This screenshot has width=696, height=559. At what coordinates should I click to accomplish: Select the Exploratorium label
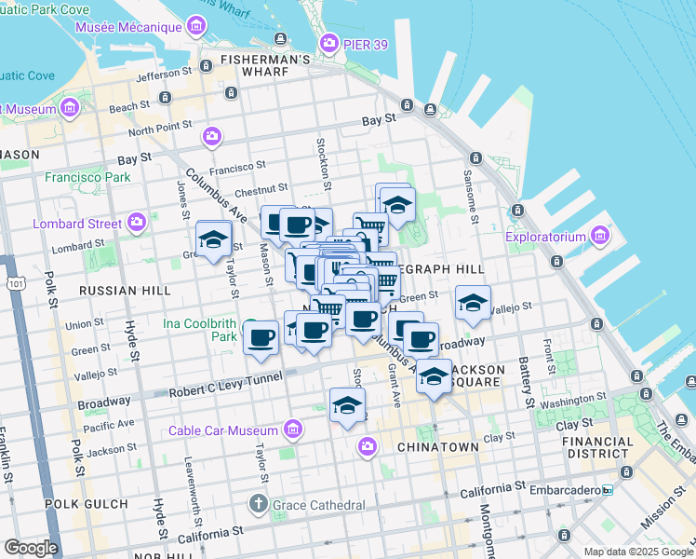pos(547,236)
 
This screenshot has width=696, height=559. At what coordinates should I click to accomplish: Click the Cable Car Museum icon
pos(293,429)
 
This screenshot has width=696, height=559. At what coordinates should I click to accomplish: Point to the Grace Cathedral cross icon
pos(260,505)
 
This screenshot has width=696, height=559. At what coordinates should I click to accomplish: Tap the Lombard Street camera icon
pos(138,223)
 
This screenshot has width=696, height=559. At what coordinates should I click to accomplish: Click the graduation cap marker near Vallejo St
pos(473,303)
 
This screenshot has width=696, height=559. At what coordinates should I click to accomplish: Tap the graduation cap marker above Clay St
pos(347,405)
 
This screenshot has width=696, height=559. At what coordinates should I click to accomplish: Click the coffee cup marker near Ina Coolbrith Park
pos(261,336)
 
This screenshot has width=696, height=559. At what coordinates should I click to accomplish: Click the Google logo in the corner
pos(31,547)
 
